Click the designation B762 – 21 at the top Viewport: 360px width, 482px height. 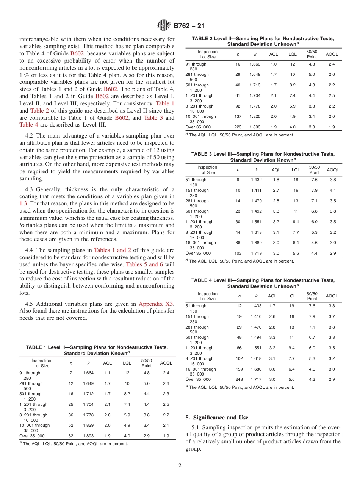(x=189, y=26)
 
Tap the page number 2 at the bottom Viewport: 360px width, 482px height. (x=180, y=466)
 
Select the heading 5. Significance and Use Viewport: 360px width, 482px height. (x=217, y=418)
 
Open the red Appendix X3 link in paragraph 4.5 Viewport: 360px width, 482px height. (x=156, y=304)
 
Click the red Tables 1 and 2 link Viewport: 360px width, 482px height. (x=113, y=250)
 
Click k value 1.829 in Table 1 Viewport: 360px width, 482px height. (x=88, y=425)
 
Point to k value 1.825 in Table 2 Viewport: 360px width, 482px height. (x=255, y=116)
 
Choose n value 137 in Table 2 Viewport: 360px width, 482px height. (x=238, y=116)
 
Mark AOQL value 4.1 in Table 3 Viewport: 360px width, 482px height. (x=332, y=190)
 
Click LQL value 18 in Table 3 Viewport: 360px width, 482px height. (x=296, y=180)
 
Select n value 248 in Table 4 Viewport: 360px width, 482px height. (x=239, y=379)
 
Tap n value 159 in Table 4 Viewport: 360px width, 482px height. (x=239, y=369)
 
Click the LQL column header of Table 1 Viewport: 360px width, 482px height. (x=127, y=363)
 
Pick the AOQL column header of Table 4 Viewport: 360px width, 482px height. (x=332, y=296)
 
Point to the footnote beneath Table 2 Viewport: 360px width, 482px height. (x=239, y=135)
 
